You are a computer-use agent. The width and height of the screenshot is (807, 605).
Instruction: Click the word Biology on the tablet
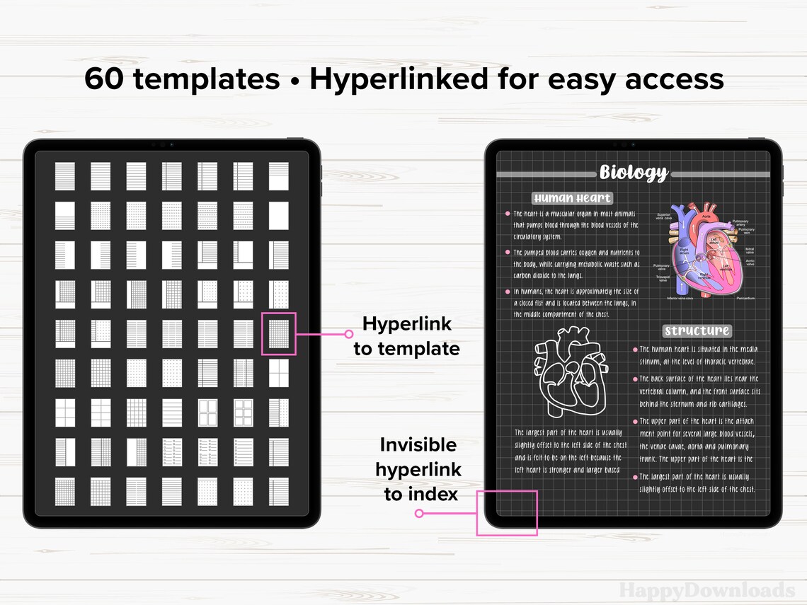[634, 172]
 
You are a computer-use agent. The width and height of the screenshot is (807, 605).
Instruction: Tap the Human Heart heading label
[572, 198]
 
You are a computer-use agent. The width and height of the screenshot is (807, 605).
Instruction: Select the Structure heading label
[697, 330]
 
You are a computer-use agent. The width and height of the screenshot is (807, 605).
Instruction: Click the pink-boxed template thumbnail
[278, 334]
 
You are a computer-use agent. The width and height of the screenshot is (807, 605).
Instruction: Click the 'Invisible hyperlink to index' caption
[418, 469]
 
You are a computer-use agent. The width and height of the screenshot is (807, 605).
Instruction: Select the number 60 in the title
[104, 79]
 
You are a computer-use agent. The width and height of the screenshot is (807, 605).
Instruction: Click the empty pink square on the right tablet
[507, 512]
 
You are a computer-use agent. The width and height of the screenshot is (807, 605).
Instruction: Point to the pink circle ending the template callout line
[348, 334]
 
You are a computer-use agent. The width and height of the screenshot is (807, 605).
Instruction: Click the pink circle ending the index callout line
[419, 514]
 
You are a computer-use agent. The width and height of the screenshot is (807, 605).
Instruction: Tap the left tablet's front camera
[161, 144]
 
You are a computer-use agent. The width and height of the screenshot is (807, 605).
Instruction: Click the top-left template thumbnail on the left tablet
[65, 176]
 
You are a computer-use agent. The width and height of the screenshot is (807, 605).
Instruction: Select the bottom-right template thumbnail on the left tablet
[278, 491]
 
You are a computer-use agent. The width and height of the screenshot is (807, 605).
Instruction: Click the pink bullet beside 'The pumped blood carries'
[508, 252]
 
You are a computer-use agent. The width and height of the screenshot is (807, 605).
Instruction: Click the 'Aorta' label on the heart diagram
[706, 207]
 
